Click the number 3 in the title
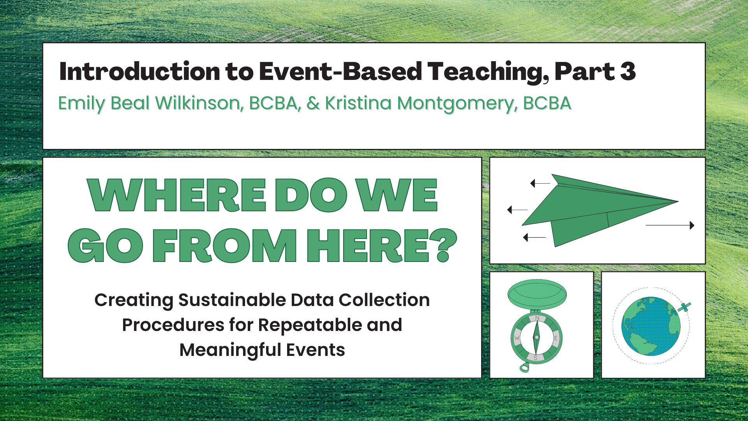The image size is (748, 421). click(628, 71)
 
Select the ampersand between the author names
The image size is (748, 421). click(313, 103)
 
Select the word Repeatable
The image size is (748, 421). click(310, 325)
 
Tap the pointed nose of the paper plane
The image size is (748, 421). click(678, 202)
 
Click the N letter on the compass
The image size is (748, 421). click(537, 318)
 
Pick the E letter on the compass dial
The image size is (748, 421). click(556, 338)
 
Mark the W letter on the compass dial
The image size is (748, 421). click(517, 338)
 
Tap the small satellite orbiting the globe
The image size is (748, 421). click(684, 307)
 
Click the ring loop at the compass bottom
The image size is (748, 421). click(524, 367)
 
